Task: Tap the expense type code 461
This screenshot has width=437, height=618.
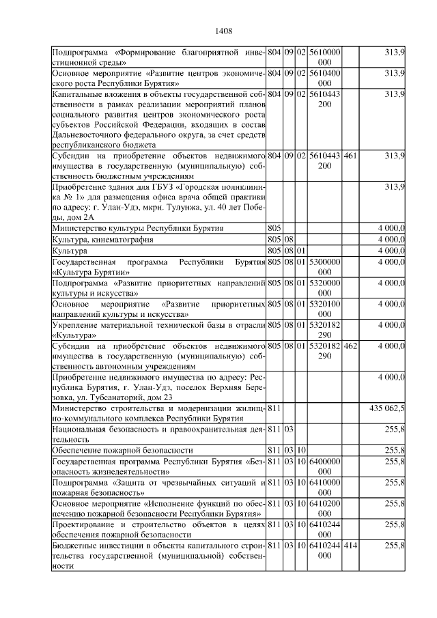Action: (350, 156)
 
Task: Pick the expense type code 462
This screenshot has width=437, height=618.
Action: (350, 346)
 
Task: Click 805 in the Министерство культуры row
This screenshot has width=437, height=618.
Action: (274, 227)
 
